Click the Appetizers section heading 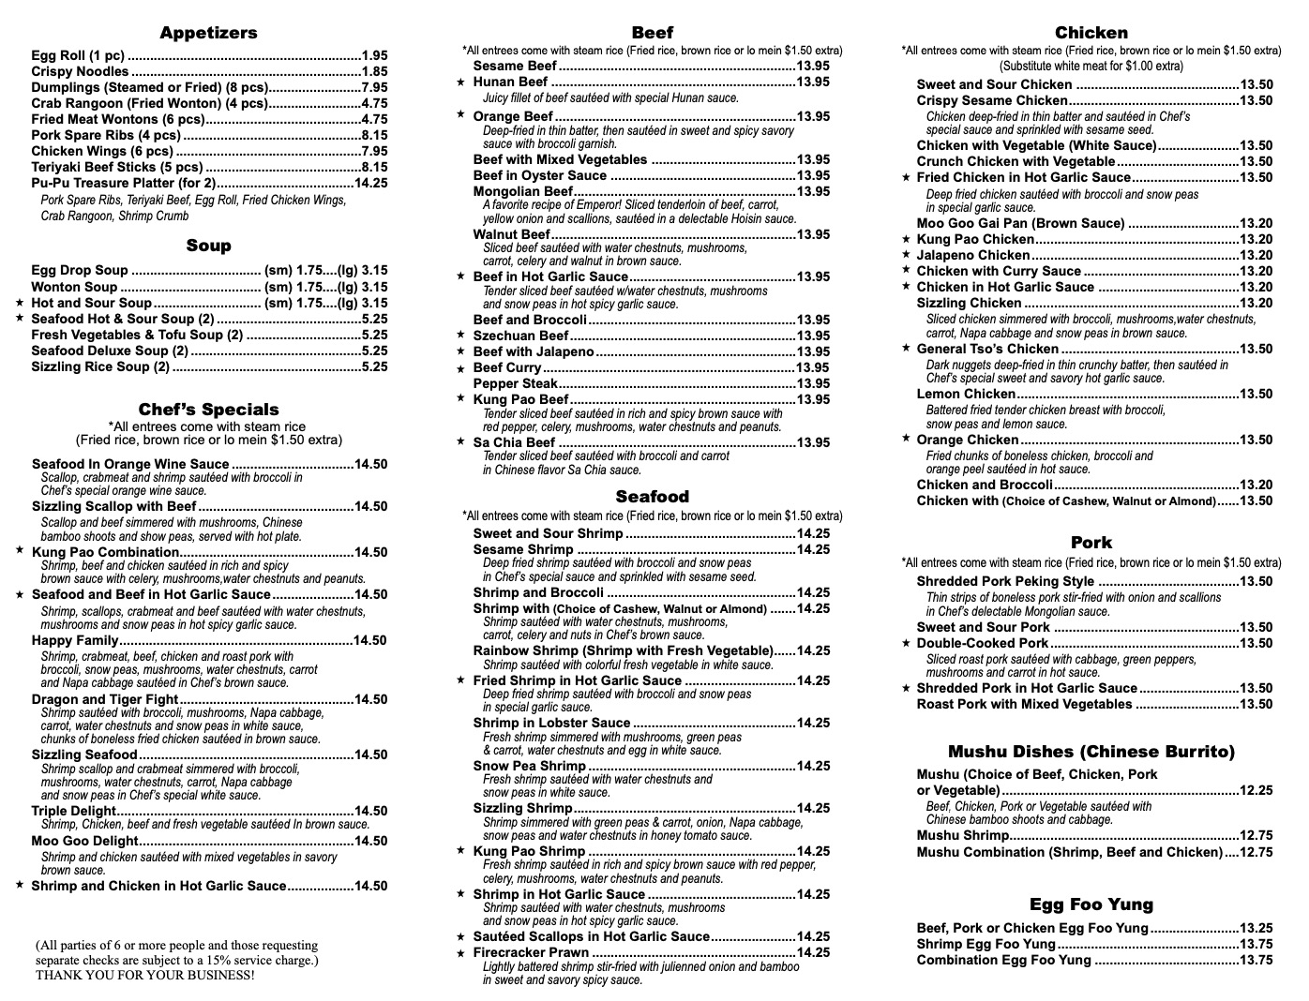pyautogui.click(x=208, y=33)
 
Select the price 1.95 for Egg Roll pyautogui.click(x=374, y=56)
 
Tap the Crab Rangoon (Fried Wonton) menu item pyautogui.click(x=149, y=104)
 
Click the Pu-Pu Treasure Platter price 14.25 pyautogui.click(x=370, y=184)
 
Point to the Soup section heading pyautogui.click(x=208, y=246)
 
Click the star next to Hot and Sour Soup pyautogui.click(x=20, y=303)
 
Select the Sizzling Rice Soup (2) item pyautogui.click(x=100, y=367)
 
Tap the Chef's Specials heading pyautogui.click(x=208, y=410)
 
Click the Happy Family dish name pyautogui.click(x=75, y=641)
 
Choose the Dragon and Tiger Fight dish pyautogui.click(x=105, y=700)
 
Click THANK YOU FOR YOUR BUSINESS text pyautogui.click(x=144, y=975)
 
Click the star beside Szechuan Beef pyautogui.click(x=460, y=336)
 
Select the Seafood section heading pyautogui.click(x=652, y=497)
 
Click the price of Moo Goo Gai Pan pyautogui.click(x=1256, y=224)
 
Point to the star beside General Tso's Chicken pyautogui.click(x=906, y=349)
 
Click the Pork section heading pyautogui.click(x=1091, y=543)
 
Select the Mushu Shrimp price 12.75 pyautogui.click(x=1256, y=836)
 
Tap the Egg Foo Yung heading pyautogui.click(x=1091, y=904)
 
